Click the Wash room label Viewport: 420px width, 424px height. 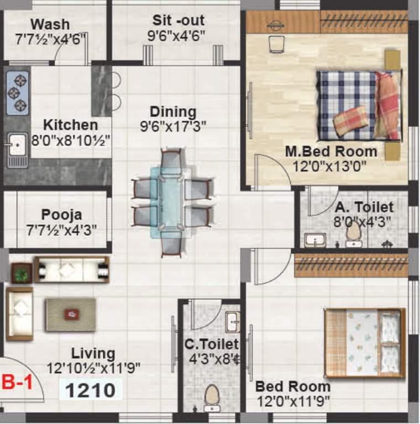(50, 24)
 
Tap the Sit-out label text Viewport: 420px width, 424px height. (178, 21)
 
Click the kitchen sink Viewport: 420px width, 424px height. (17, 145)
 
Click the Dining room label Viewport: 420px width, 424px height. (173, 112)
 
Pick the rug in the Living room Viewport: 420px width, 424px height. (71, 315)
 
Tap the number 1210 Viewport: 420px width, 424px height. (91, 390)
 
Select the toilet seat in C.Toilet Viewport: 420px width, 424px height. (211, 395)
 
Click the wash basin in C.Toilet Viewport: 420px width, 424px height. (233, 322)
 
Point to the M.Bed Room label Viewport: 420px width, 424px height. (331, 151)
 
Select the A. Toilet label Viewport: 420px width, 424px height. (364, 208)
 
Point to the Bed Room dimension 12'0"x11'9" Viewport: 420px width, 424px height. (293, 401)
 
